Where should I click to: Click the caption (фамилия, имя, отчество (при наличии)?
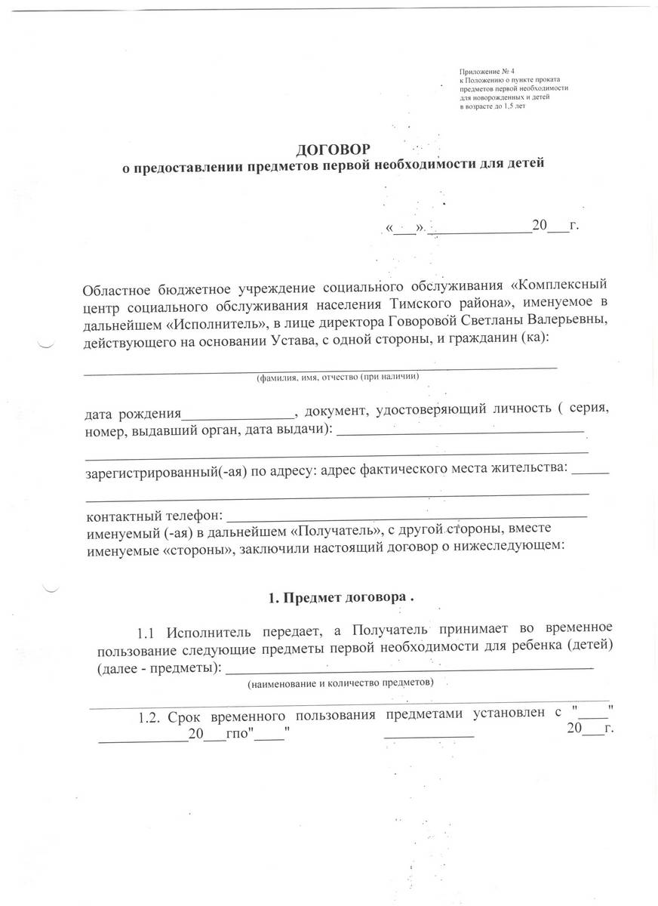pyautogui.click(x=337, y=376)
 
